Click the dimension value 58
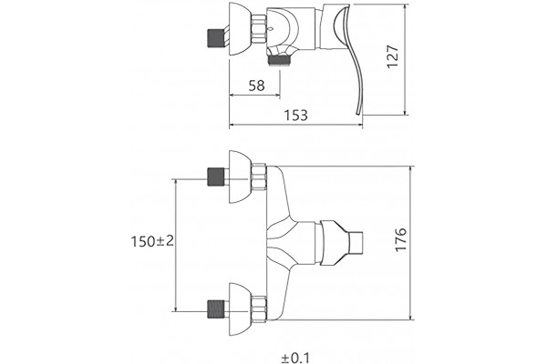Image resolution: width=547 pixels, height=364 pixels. pyautogui.click(x=257, y=86)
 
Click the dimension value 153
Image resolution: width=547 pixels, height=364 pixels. pyautogui.click(x=295, y=116)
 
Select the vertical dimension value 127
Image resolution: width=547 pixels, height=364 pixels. pyautogui.click(x=393, y=56)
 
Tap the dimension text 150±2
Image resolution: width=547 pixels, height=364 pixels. pyautogui.click(x=152, y=241)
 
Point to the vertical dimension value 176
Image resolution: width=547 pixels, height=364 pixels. pyautogui.click(x=401, y=239)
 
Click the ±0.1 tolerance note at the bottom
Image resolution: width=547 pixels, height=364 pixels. pyautogui.click(x=295, y=358)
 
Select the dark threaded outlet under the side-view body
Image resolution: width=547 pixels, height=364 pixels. pyautogui.click(x=278, y=61)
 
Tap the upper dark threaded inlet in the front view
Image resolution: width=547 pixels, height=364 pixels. pyautogui.click(x=216, y=177)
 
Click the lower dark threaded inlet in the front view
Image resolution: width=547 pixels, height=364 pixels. pyautogui.click(x=215, y=309)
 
